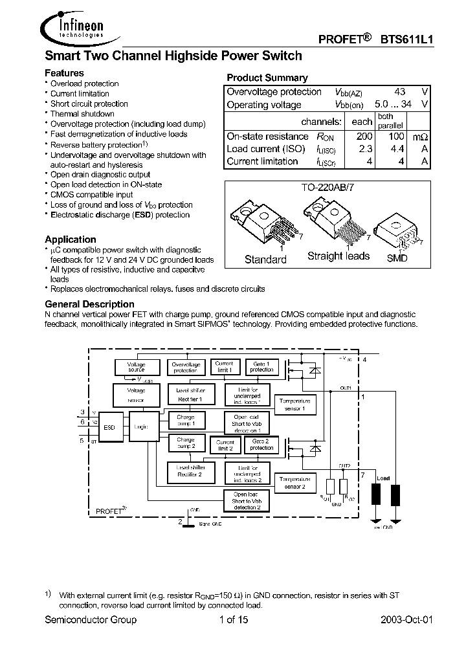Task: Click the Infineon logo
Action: [x=76, y=27]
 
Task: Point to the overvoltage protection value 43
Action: [x=399, y=92]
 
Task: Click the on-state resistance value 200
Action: [x=364, y=137]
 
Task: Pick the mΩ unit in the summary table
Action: [x=420, y=137]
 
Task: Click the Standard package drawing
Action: [x=256, y=224]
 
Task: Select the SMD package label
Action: [x=397, y=258]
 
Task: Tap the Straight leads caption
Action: [x=338, y=256]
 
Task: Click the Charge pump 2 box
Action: [x=186, y=443]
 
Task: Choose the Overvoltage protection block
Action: [x=185, y=367]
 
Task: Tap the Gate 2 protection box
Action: [x=262, y=443]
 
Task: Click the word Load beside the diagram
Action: [x=383, y=478]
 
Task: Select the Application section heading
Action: [x=71, y=239]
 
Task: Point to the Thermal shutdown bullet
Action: [x=82, y=114]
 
